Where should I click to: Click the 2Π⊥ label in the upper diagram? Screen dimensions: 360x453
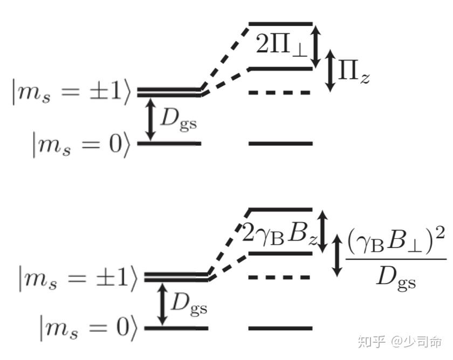281,46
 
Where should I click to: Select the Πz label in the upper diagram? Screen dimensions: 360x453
353,72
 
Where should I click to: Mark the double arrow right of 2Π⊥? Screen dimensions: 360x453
317,46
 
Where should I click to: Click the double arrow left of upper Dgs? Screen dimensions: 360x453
151,120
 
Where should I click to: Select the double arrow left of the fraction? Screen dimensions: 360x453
338,254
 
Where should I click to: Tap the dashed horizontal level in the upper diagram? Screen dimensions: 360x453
280,93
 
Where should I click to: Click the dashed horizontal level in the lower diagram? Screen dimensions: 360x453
280,278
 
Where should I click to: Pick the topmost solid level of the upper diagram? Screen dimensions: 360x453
280,24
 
